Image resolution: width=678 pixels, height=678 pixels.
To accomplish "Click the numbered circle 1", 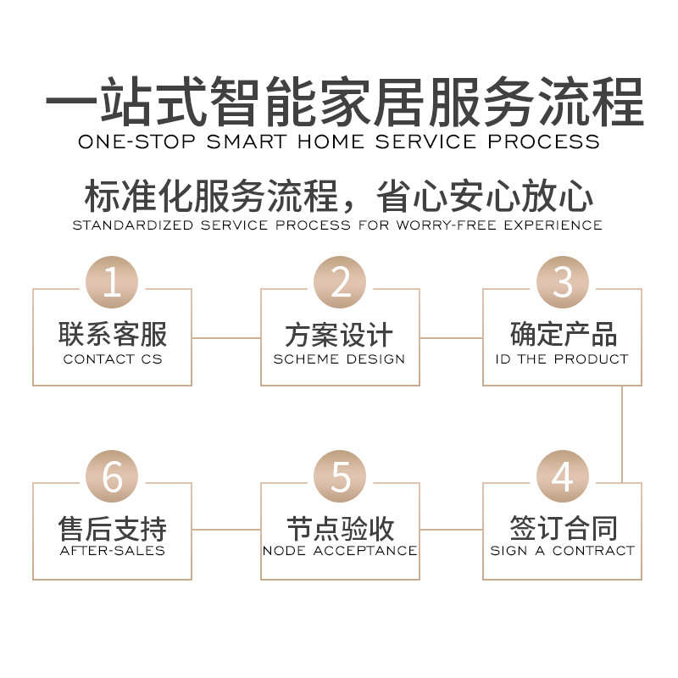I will [113, 282].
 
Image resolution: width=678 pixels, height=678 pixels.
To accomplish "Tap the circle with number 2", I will [340, 282].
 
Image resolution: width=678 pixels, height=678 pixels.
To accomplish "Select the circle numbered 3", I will [562, 282].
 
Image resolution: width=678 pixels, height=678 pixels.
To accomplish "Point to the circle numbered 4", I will [562, 476].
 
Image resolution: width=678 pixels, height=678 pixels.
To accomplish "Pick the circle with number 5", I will [340, 476].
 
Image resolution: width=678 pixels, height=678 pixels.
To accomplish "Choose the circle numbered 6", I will [113, 476].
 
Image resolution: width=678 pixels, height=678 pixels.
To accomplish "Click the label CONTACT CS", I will [113, 359].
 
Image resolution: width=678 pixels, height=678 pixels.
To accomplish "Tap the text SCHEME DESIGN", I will [340, 359].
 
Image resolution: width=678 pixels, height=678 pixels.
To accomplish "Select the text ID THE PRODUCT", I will [562, 359].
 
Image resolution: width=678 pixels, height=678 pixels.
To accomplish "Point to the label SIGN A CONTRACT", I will [562, 551].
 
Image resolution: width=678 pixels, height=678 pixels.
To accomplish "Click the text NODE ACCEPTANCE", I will [340, 551].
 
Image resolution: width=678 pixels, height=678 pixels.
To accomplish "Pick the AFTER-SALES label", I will [113, 551].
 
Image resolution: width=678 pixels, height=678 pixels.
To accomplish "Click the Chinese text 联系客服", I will [113, 335].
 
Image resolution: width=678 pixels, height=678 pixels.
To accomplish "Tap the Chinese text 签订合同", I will [562, 528].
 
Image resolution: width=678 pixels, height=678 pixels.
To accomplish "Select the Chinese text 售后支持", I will [113, 528].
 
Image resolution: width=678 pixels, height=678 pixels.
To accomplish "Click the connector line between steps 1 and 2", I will [226, 337].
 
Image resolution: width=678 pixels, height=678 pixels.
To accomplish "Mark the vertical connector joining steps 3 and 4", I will [622, 434].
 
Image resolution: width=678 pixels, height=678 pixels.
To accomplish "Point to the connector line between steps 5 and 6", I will [226, 530].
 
